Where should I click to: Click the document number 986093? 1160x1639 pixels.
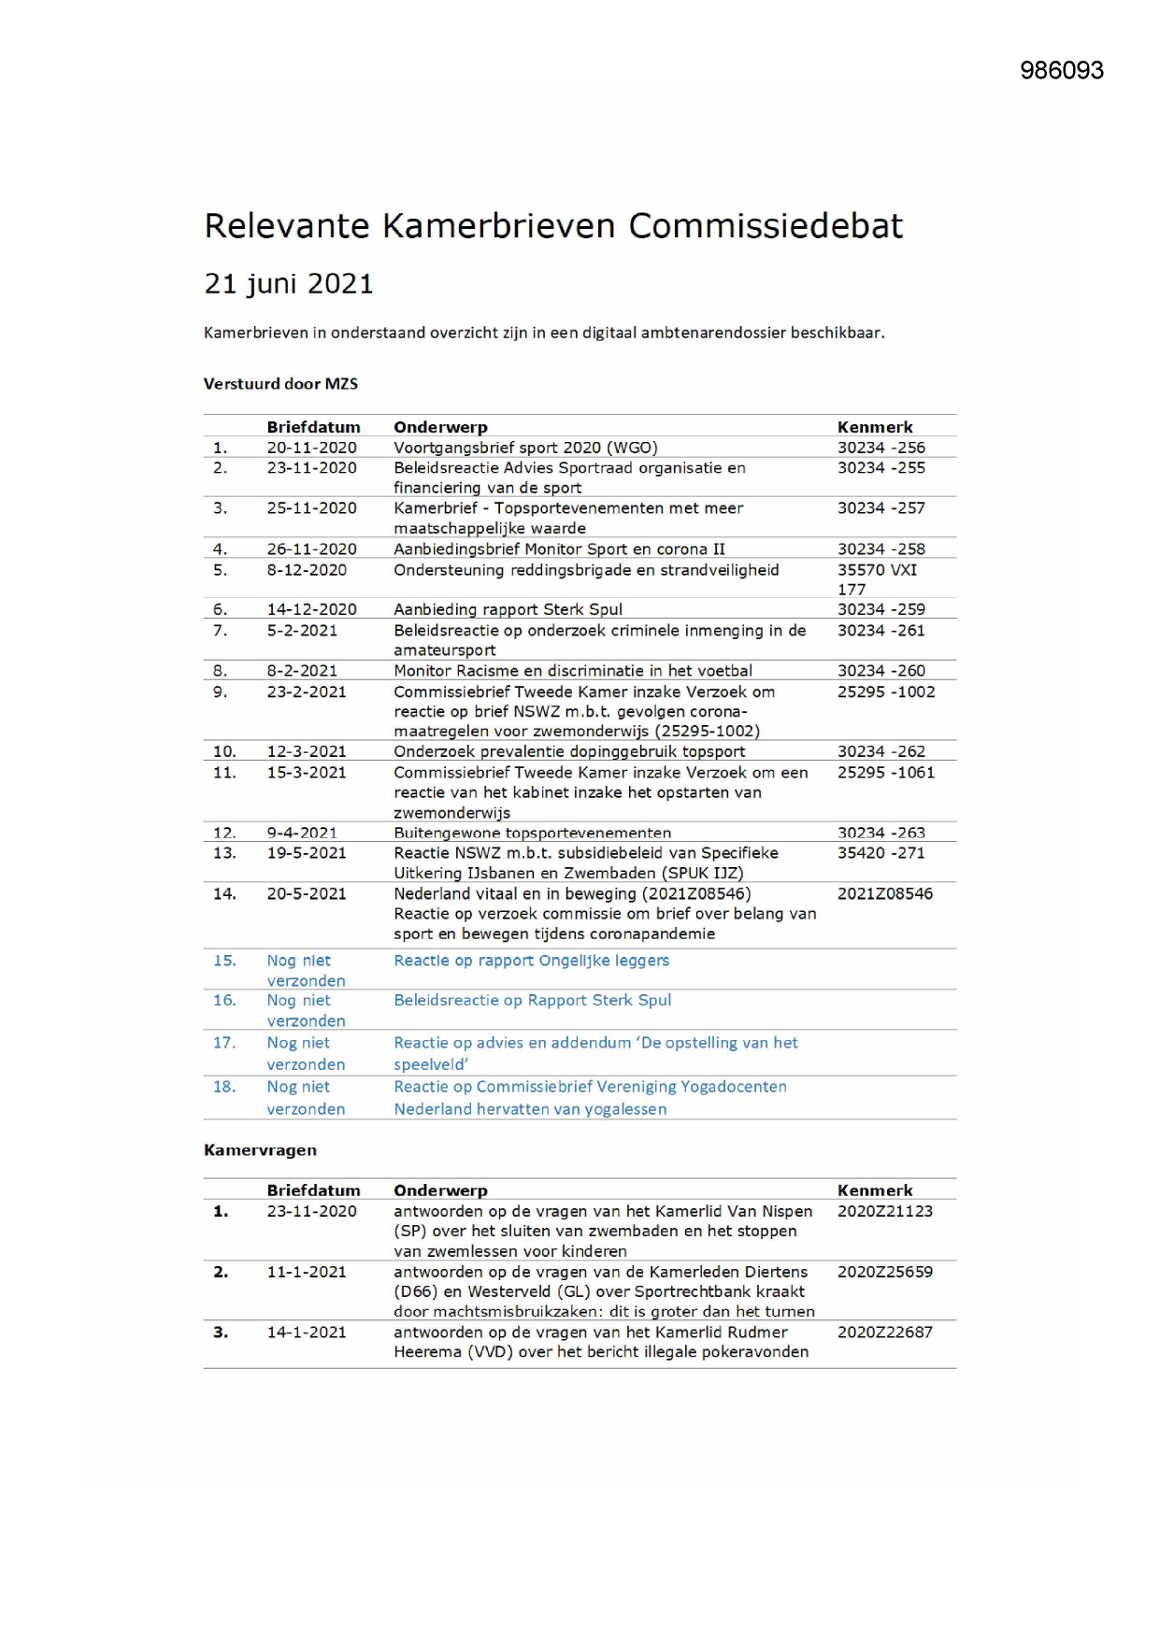pos(1061,71)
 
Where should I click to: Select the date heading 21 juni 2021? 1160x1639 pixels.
pos(289,284)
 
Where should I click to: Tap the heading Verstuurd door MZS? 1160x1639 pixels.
pos(280,384)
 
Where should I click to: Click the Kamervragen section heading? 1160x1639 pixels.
pos(260,1150)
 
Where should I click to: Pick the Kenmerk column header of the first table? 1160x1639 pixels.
pos(875,427)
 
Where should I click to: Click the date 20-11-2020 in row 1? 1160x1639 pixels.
pos(311,448)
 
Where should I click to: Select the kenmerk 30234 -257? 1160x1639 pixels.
pos(881,508)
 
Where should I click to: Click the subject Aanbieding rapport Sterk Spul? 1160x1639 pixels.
pos(508,609)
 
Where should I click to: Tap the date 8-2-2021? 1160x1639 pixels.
pos(302,671)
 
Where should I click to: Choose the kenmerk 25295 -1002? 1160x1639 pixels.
pos(885,692)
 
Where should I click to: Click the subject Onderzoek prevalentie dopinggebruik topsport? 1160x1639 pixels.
pos(569,751)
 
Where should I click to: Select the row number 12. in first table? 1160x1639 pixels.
pos(224,833)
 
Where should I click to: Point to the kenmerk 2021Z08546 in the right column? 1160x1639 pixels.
pos(884,894)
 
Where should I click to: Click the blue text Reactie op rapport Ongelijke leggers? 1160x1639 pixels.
pos(531,961)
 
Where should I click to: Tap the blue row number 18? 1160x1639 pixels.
pos(224,1087)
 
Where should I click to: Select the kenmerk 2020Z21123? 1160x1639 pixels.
pos(884,1211)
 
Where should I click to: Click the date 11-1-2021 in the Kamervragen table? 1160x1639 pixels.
pos(307,1272)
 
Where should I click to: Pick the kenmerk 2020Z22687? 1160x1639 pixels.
pos(884,1333)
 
